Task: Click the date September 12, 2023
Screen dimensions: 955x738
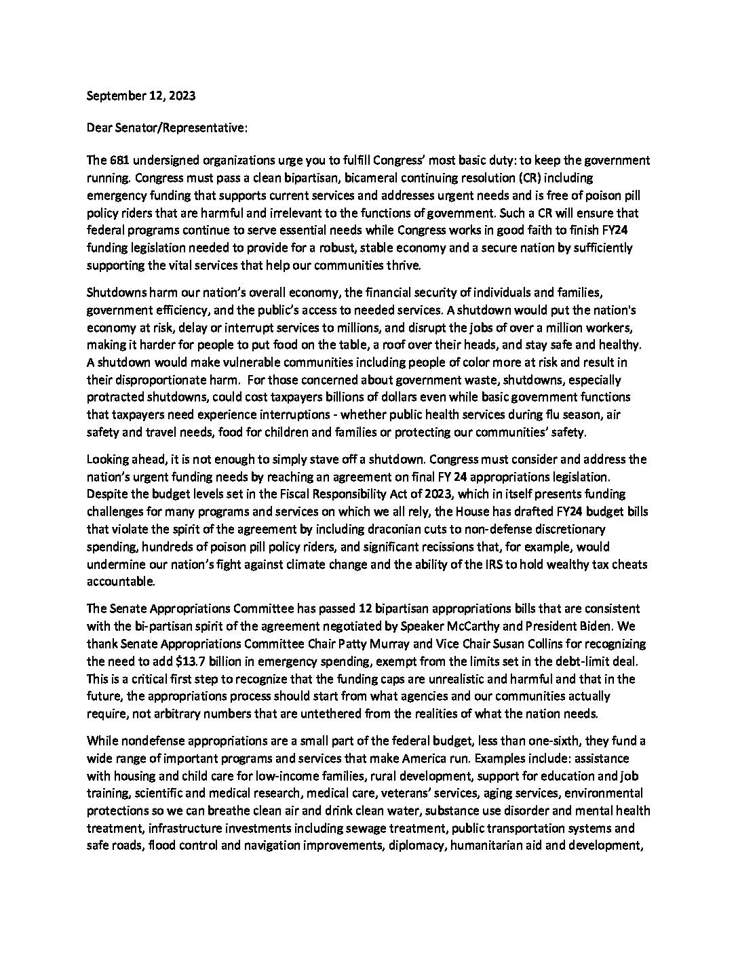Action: [x=141, y=96]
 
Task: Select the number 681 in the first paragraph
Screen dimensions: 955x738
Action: [x=117, y=161]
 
